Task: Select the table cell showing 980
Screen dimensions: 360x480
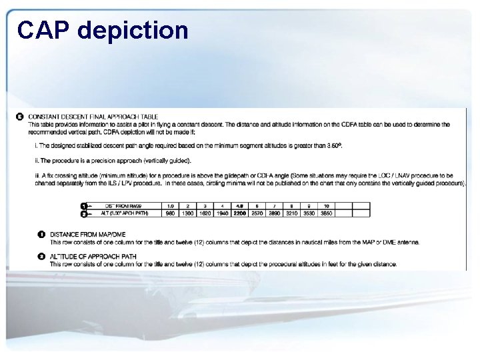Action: tap(169, 213)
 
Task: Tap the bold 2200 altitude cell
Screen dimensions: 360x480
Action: tap(239, 213)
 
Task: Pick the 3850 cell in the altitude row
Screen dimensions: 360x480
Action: tap(327, 213)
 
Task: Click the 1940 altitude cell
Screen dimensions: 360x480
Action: tap(222, 213)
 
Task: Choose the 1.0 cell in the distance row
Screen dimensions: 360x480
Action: tap(169, 205)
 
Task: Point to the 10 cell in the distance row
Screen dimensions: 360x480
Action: tap(327, 205)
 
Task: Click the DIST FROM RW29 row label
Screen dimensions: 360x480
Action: tap(127, 205)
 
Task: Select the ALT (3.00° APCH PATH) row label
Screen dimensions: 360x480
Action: tap(127, 213)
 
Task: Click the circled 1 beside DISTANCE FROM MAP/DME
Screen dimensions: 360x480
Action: tap(41, 235)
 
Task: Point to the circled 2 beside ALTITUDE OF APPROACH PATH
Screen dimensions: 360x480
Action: tap(41, 257)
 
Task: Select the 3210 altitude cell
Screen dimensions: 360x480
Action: tap(291, 213)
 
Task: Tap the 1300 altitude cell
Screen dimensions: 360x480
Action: tap(187, 213)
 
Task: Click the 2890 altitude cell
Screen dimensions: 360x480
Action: tap(274, 213)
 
